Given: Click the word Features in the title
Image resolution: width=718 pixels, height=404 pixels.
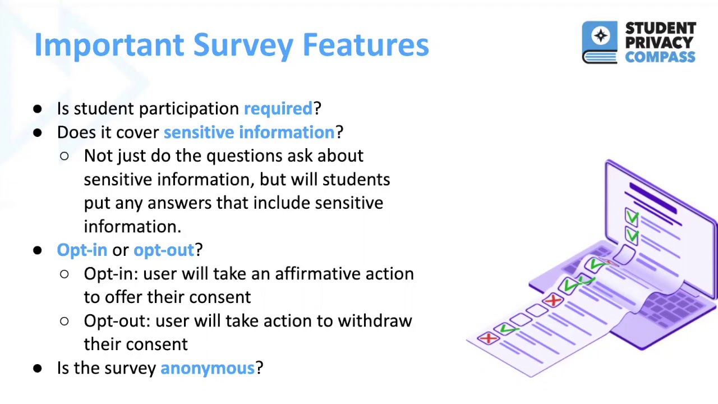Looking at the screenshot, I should (x=365, y=45).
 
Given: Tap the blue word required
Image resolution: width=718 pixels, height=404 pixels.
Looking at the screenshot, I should (x=278, y=108).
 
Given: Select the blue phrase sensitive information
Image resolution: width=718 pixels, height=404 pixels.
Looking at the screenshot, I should (x=248, y=132).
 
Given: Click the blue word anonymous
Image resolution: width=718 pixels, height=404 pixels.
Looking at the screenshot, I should (x=207, y=368).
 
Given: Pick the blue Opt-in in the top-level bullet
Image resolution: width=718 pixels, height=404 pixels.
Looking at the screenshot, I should (x=82, y=250).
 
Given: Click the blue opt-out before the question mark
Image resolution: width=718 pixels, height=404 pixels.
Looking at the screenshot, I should (x=163, y=250).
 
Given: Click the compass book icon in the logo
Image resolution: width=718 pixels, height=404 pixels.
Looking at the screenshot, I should (x=600, y=42).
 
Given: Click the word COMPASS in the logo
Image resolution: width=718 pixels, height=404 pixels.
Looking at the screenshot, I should (x=660, y=57).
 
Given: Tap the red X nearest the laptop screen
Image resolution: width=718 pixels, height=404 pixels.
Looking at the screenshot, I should (x=553, y=301).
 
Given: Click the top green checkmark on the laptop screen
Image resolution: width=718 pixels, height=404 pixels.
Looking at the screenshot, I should (x=632, y=217).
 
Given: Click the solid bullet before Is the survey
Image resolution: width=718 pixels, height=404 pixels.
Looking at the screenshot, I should (x=38, y=368).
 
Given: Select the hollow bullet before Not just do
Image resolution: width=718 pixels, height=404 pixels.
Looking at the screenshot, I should (x=64, y=156).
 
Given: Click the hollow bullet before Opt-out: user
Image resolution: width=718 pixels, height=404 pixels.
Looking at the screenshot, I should (x=64, y=321).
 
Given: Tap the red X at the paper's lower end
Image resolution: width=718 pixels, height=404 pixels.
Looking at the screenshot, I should (x=488, y=338).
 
